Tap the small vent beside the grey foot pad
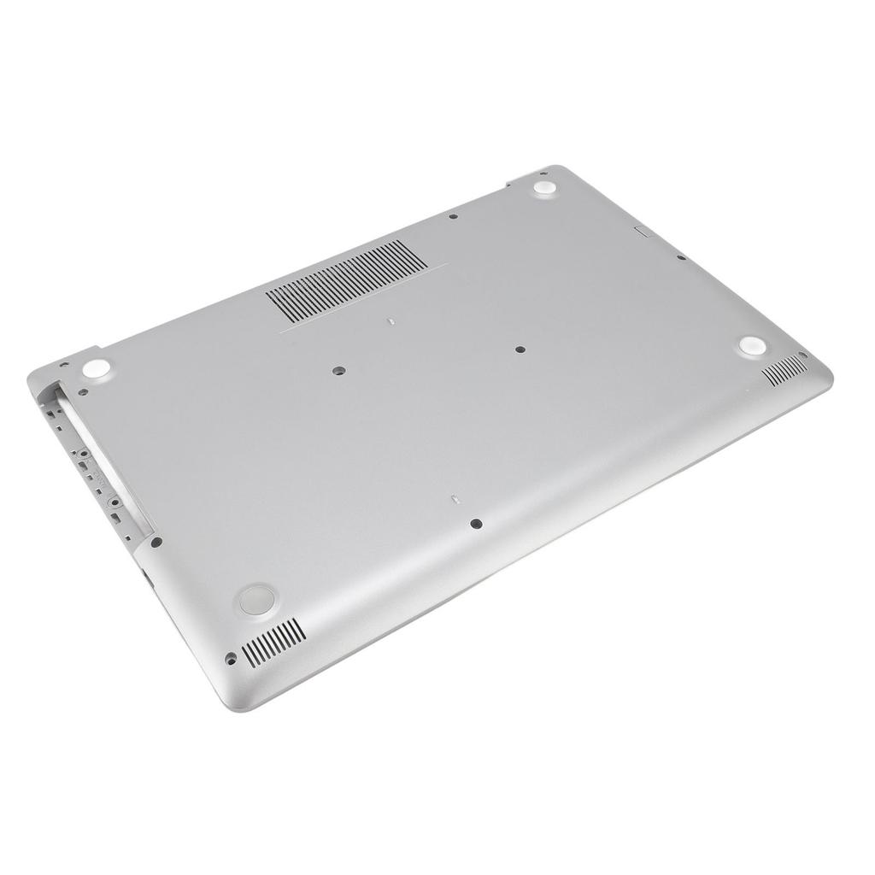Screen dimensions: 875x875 coord(273,643)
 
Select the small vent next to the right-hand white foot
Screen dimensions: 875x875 coord(784,370)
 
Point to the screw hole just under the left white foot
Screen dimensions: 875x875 coord(83,393)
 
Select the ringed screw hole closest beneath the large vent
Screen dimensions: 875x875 coord(338,372)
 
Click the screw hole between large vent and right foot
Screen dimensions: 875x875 coord(520,349)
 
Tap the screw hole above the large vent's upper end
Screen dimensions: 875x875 coord(453,216)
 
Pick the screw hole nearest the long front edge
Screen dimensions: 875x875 coord(476,524)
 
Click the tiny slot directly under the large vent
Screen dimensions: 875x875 coord(389,323)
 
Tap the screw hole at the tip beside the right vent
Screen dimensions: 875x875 coord(802,355)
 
